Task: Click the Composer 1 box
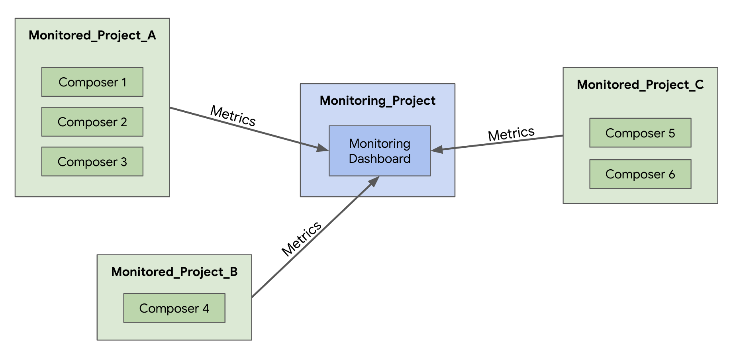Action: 92,82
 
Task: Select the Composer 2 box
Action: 92,122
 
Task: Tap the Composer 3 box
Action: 92,162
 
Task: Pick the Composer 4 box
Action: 174,308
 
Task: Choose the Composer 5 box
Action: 640,133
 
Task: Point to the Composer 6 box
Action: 640,174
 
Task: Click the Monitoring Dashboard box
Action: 379,151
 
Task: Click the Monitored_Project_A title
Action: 92,35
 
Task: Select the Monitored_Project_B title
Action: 174,272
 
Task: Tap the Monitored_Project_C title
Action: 640,85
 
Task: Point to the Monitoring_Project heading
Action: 377,101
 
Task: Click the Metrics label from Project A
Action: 233,116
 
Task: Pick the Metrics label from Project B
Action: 301,239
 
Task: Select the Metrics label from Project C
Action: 511,134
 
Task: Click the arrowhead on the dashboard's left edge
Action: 322,148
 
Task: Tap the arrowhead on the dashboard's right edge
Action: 437,149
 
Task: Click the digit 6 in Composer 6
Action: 672,174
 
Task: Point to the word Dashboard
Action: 379,159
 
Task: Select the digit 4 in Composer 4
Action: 206,308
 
